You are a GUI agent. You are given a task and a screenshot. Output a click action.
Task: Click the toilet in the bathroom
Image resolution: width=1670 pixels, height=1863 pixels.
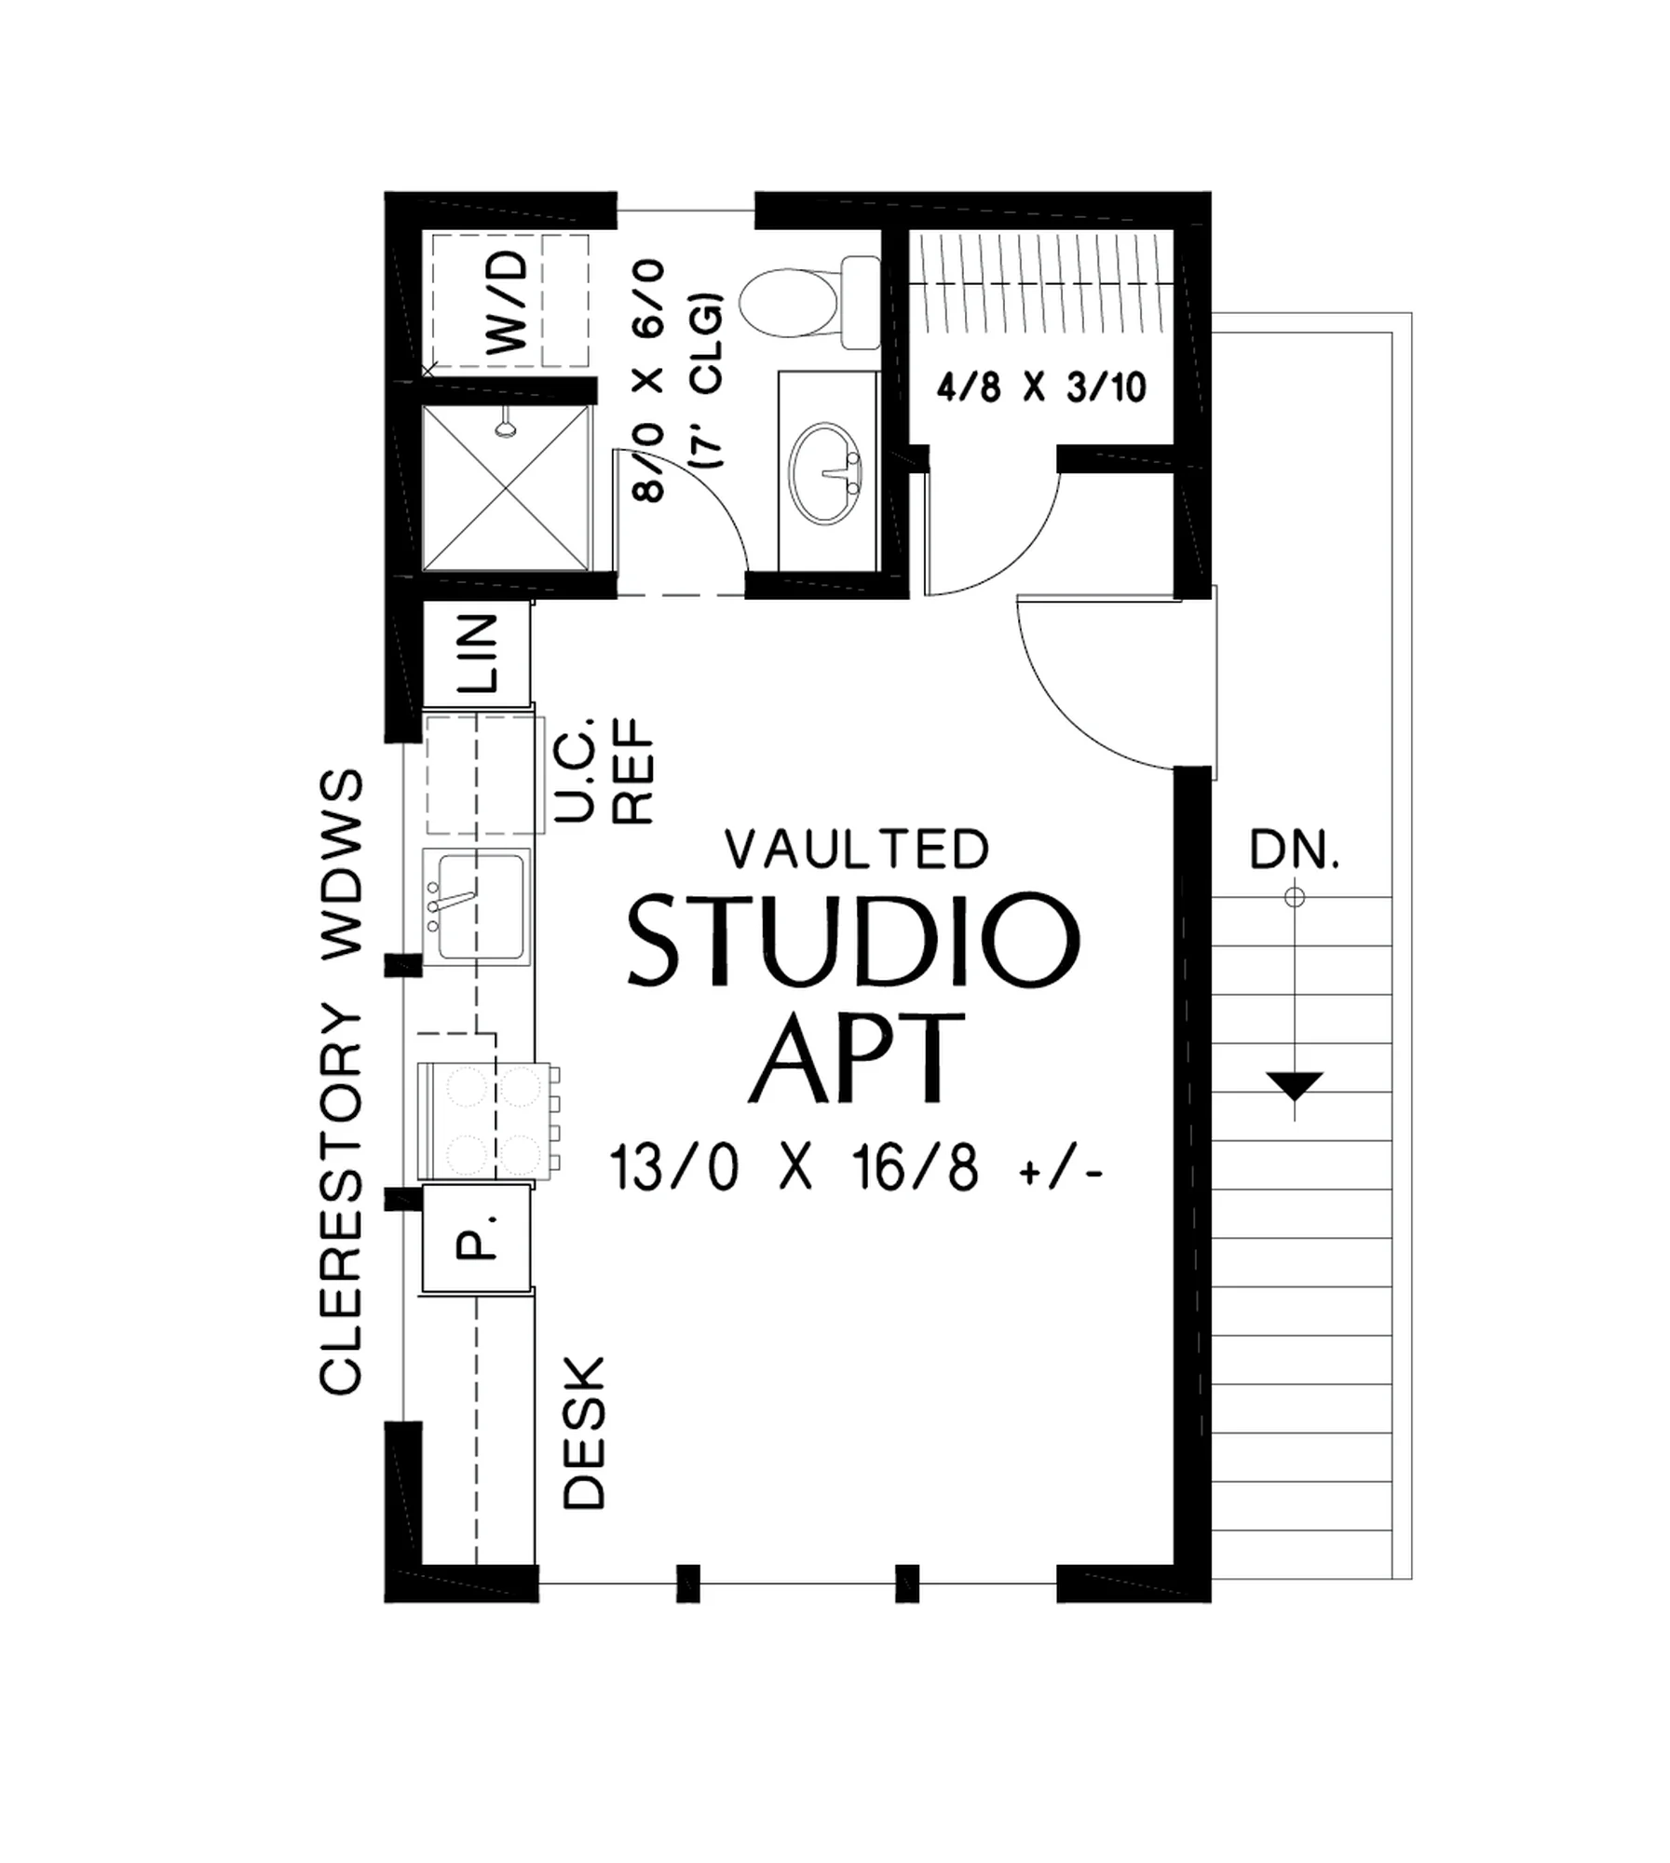809,303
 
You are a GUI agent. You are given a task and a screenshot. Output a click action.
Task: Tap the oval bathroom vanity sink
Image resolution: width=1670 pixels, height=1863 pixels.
825,472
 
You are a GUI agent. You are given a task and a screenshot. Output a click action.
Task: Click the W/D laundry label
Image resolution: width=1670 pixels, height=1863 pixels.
508,304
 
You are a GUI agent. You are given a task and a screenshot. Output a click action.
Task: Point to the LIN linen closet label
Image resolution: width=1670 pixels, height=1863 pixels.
478,653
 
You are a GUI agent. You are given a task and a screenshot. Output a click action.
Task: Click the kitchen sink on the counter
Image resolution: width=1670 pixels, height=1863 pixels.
476,905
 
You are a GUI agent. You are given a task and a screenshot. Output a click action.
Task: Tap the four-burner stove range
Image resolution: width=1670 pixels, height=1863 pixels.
490,1121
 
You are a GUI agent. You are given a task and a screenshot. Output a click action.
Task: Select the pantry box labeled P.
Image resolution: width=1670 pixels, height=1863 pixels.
477,1238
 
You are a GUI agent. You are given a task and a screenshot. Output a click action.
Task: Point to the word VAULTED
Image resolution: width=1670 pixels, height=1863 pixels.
857,849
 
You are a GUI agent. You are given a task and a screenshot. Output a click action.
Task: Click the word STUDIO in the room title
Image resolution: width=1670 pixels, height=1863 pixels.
854,939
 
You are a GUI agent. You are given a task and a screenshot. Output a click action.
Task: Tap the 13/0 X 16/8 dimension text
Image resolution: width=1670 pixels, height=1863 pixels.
856,1168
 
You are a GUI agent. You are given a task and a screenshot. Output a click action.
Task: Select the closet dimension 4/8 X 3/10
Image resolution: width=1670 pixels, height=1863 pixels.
1041,387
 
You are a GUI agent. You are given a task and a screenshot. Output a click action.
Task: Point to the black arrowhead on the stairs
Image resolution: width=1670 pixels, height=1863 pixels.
1295,1085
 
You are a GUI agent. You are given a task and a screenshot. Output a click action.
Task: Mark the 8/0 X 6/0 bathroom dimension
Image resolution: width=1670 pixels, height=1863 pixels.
648,381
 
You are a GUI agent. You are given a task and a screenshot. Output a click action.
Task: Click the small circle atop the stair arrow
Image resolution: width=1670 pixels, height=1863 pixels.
1295,897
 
